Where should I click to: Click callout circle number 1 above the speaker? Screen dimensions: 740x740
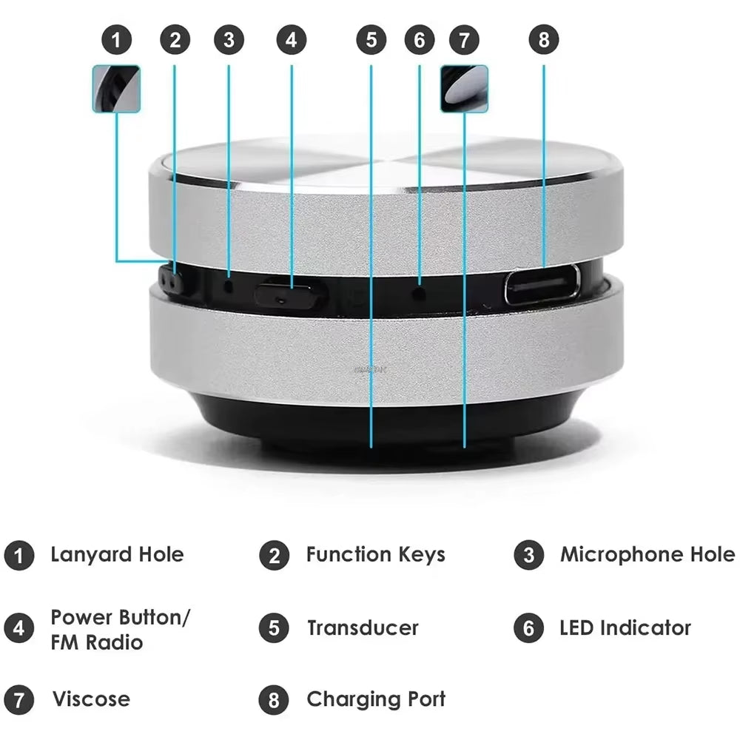tap(117, 40)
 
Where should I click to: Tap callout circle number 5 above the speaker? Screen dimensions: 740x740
tap(371, 40)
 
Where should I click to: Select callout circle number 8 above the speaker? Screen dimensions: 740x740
tap(544, 40)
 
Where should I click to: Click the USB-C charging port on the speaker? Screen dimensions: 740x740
tap(542, 285)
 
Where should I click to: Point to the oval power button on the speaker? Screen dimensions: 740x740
tap(289, 295)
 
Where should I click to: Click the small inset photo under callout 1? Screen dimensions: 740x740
tap(117, 89)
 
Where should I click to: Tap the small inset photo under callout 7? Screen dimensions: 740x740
tap(464, 89)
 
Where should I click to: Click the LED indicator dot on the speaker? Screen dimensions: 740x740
tap(420, 293)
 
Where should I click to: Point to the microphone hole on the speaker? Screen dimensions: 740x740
tap(229, 284)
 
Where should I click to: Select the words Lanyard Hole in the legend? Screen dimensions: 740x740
tap(117, 555)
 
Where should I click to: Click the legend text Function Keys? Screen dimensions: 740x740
tap(375, 555)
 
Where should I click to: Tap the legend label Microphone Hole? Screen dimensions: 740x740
tap(647, 555)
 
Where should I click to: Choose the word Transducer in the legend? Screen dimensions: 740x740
tap(363, 628)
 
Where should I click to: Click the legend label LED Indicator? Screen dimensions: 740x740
tap(625, 628)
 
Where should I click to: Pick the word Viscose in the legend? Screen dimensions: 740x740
tap(90, 699)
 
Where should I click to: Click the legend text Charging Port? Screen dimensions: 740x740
tap(376, 699)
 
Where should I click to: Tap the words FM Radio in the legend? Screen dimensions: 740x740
tap(96, 642)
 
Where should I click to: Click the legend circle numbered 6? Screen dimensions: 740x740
tap(528, 629)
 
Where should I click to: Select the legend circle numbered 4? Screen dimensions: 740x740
tap(18, 629)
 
